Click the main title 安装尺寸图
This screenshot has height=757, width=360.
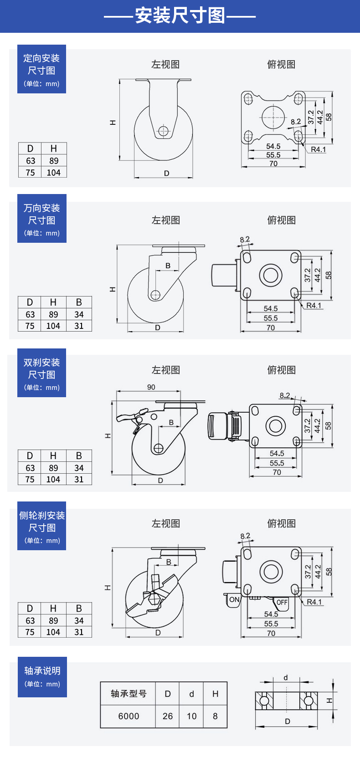click(180, 16)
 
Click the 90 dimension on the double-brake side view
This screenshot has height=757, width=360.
click(151, 387)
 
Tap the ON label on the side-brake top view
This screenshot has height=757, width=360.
click(234, 599)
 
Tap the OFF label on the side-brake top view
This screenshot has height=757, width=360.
click(282, 602)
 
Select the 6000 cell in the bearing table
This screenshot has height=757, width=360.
click(129, 716)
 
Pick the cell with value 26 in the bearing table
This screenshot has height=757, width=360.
click(168, 716)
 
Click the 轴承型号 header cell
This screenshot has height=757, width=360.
click(129, 694)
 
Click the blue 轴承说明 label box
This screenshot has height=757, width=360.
click(42, 676)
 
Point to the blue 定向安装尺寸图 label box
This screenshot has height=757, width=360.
click(41, 69)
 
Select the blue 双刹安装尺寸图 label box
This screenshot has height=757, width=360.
click(41, 373)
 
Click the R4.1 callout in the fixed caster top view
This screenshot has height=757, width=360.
click(318, 149)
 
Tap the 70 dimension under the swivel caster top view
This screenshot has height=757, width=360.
click(271, 328)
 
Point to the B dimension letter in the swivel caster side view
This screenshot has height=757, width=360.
click(168, 266)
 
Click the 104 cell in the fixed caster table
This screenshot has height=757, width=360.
click(53, 173)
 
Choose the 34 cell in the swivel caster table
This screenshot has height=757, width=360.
click(79, 314)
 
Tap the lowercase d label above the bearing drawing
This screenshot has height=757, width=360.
click(286, 678)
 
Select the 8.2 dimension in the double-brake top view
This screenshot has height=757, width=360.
click(285, 395)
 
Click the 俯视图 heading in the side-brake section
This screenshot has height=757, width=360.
click(281, 523)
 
